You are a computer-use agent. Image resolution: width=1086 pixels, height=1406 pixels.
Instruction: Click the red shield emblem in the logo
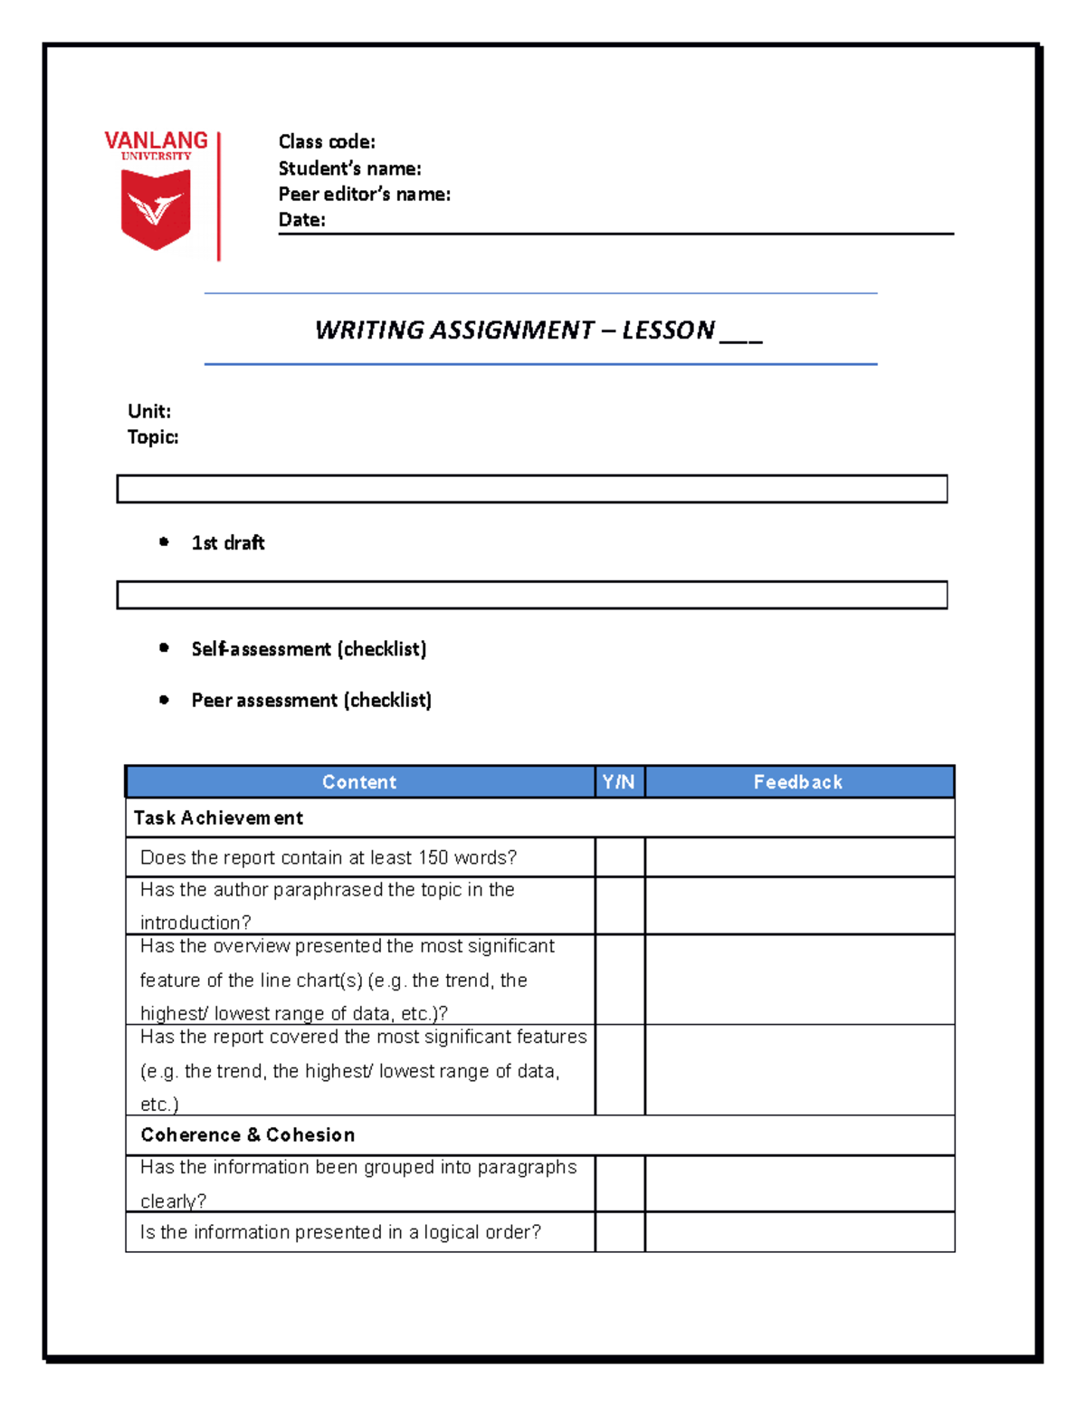156,209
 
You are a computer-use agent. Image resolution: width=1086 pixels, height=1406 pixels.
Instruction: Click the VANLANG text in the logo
156,140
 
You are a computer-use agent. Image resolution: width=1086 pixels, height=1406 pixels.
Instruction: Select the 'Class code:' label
327,142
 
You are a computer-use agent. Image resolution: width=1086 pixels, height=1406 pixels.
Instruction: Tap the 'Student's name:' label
349,168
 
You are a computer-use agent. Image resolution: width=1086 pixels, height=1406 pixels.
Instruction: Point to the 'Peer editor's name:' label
364,194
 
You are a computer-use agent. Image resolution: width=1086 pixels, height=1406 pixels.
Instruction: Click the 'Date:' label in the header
301,220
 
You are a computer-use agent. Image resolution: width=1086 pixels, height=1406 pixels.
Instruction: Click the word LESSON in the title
668,330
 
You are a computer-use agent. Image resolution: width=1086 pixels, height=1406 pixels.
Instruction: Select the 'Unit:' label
149,411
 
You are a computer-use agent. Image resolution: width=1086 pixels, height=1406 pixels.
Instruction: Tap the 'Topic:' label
153,437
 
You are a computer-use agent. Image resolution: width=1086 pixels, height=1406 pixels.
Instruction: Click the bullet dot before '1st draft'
164,542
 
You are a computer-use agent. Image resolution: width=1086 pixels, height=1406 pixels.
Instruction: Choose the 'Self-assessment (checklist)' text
309,649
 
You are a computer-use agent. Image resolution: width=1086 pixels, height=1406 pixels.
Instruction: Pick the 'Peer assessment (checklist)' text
311,700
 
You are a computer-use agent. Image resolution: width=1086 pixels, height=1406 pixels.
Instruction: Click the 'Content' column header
359,782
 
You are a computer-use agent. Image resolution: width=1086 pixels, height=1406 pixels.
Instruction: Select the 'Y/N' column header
619,782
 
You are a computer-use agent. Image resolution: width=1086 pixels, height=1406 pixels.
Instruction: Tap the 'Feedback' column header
797,782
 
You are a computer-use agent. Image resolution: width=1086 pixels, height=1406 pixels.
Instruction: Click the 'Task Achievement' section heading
218,818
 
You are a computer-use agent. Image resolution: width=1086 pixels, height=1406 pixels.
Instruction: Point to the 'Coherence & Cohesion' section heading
247,1135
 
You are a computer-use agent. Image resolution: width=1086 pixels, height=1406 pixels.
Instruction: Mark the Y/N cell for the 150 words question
620,857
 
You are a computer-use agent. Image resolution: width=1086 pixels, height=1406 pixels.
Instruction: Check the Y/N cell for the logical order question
620,1232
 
